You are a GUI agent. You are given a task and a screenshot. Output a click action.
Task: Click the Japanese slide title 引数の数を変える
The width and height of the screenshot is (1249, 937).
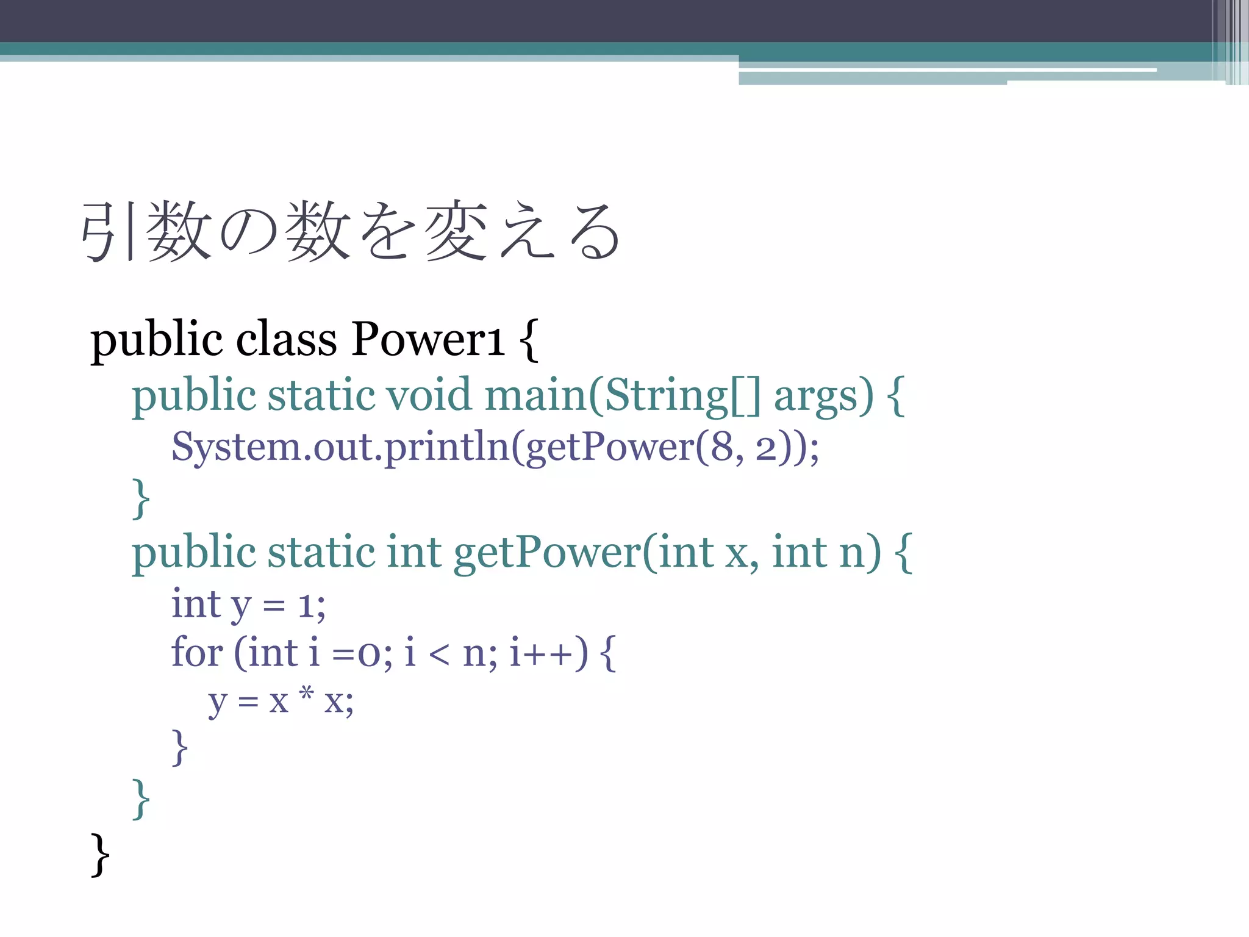351,232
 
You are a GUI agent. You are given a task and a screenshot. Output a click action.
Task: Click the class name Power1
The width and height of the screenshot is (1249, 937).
427,339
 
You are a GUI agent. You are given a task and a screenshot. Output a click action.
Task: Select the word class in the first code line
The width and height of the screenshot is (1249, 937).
286,339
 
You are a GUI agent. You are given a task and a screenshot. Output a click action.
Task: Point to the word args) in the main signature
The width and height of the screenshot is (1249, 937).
823,396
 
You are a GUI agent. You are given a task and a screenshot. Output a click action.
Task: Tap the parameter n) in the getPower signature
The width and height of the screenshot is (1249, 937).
860,553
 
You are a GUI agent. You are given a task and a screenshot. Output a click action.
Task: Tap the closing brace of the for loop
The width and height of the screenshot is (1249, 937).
179,747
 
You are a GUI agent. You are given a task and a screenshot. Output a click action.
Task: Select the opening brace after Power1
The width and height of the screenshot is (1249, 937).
529,340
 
